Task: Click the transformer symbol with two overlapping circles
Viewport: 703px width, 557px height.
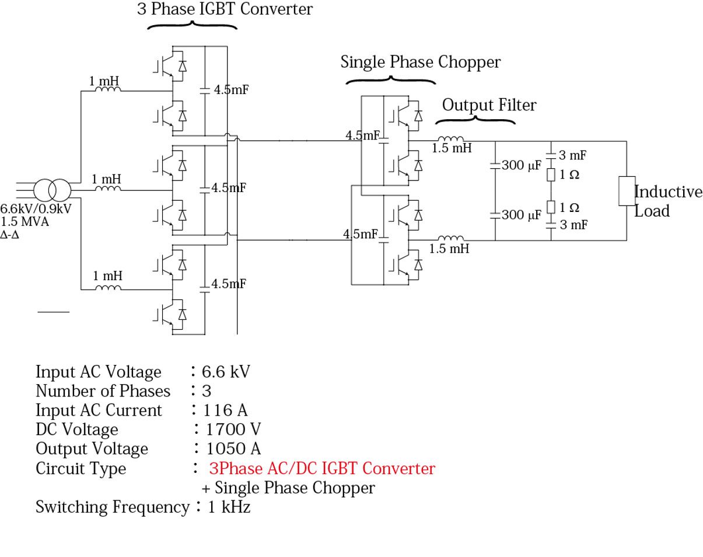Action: click(x=52, y=190)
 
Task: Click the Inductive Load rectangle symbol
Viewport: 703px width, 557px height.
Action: click(x=627, y=191)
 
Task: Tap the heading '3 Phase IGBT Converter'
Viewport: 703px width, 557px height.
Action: click(x=225, y=9)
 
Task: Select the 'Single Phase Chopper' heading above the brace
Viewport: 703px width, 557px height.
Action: click(x=420, y=62)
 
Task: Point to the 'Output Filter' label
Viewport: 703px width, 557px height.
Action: click(x=489, y=105)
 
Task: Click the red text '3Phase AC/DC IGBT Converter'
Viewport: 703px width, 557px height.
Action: click(x=322, y=468)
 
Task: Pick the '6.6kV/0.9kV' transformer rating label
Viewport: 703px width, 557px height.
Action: click(x=36, y=209)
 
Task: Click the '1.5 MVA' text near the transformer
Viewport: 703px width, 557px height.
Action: click(x=25, y=222)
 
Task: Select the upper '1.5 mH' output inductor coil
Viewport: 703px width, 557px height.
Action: click(x=451, y=139)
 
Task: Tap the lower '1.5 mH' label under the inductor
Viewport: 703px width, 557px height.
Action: click(x=449, y=249)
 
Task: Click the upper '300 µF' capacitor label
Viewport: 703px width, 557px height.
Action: click(x=521, y=165)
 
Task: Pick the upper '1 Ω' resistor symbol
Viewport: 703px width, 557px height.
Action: click(x=550, y=175)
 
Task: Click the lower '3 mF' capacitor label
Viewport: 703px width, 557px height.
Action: click(x=573, y=225)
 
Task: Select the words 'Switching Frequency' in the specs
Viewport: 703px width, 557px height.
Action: click(x=112, y=507)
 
